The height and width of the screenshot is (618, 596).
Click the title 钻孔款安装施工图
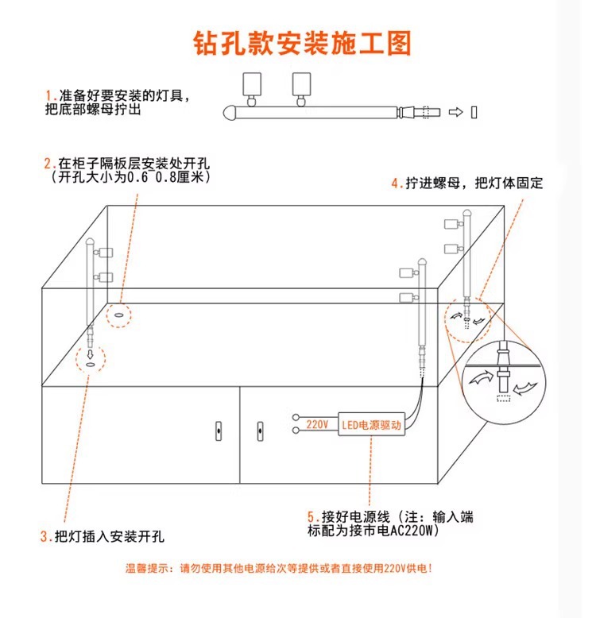coord(303,43)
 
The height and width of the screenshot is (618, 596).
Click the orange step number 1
coord(48,95)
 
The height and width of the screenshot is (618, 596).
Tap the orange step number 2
coord(48,163)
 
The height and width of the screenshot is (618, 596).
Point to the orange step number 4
coord(395,183)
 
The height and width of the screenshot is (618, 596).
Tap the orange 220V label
coord(317,424)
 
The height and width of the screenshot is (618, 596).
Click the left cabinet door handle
coord(217,432)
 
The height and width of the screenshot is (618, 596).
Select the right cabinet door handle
coord(259,432)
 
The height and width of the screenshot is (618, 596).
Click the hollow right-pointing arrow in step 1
coord(455,112)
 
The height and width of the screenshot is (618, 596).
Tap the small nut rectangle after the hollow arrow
coord(474,112)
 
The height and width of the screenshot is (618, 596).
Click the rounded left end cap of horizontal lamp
coord(230,112)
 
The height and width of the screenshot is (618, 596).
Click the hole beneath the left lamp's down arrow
coord(91,365)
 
